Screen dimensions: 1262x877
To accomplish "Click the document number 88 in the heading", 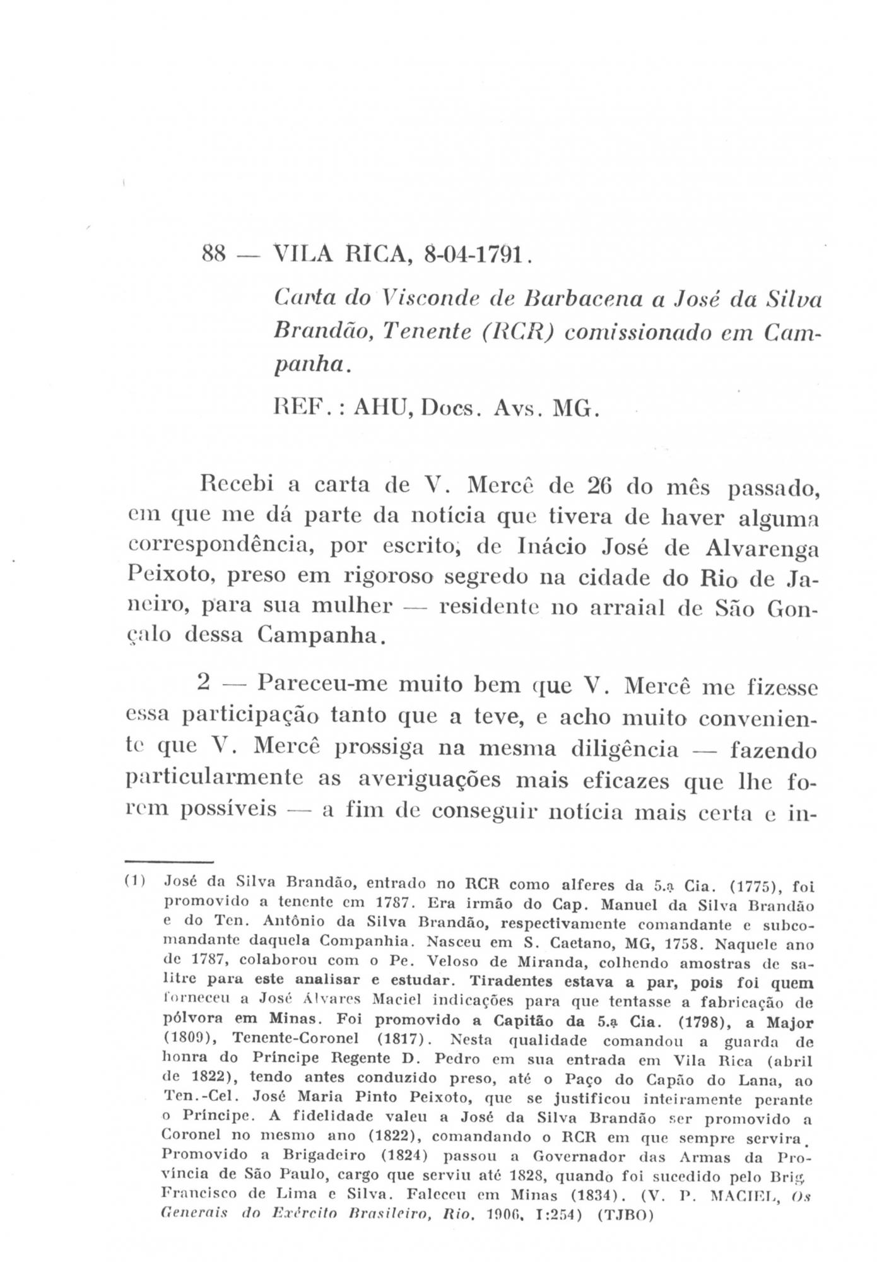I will (x=214, y=256).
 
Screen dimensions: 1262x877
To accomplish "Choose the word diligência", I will (x=624, y=748).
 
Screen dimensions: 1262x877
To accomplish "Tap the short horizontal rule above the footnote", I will (x=170, y=861).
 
